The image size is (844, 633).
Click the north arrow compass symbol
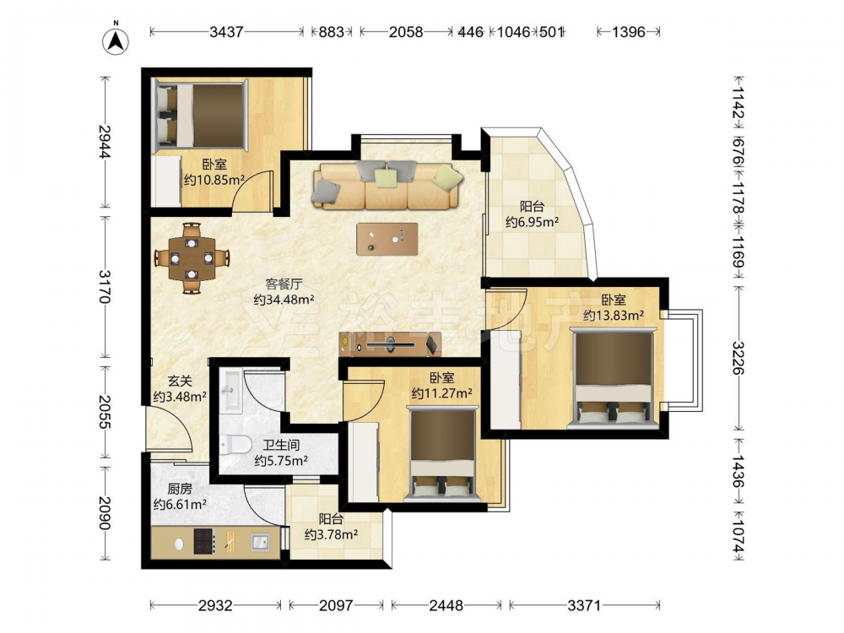tap(115, 39)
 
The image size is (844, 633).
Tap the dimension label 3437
tap(226, 32)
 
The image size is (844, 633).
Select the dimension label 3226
tap(737, 359)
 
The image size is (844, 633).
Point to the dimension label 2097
tap(336, 605)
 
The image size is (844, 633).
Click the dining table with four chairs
tap(192, 258)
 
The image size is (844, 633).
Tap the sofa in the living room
tap(387, 185)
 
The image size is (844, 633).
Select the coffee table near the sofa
tap(387, 239)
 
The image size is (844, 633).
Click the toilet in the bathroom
tap(235, 445)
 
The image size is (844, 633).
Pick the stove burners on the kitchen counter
tap(204, 542)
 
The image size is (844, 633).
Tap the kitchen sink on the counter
tap(261, 542)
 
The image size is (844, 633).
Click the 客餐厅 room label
tap(284, 284)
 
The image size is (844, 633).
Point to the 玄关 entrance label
tap(180, 381)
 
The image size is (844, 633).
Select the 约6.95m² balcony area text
tap(532, 222)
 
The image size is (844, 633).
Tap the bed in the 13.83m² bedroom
tap(613, 379)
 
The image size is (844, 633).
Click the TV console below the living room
tap(390, 344)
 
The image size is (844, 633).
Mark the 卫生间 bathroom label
tap(281, 445)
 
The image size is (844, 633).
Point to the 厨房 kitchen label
tap(180, 489)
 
